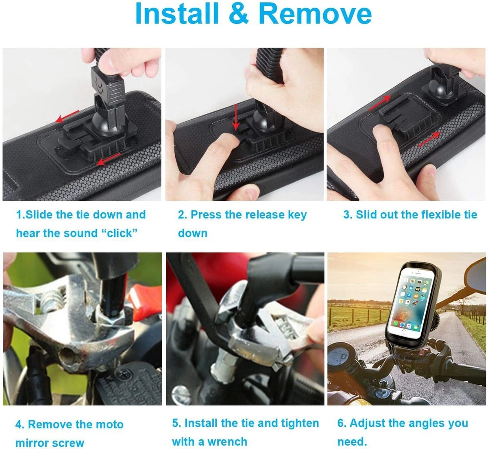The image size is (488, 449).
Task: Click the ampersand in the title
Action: (238, 13)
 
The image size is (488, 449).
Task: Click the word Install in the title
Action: (177, 13)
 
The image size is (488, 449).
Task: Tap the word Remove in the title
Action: (315, 13)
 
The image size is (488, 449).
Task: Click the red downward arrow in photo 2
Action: (235, 117)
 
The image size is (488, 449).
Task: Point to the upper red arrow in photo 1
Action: (67, 116)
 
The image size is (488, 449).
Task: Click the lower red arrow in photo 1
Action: (108, 159)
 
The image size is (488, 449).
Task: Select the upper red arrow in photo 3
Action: (380, 102)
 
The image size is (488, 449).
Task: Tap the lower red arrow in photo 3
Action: (429, 139)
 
